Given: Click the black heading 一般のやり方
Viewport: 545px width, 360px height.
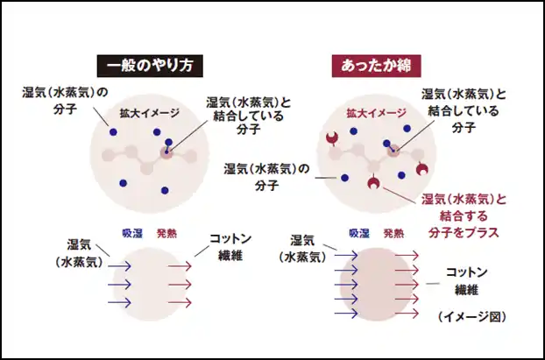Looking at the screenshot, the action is click(150, 66).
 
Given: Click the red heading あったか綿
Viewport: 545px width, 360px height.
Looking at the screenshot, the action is click(376, 66).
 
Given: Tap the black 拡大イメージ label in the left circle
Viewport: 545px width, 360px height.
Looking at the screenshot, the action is click(150, 113).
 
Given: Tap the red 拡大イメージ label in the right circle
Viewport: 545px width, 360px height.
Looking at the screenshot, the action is click(376, 113).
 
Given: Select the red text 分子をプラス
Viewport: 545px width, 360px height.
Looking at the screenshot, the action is click(464, 232).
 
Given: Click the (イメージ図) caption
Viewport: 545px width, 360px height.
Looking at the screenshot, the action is click(471, 317).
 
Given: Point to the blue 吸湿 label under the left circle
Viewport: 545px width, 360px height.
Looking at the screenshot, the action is click(132, 233).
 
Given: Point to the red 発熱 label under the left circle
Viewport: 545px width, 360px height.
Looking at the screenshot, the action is click(166, 233).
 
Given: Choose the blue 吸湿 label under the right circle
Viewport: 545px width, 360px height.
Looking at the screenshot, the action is click(359, 233).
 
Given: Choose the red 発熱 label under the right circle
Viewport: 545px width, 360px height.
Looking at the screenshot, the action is click(393, 233).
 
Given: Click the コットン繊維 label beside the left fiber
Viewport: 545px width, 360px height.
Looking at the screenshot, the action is click(230, 247).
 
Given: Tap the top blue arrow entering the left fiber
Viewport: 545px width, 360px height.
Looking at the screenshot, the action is click(119, 266).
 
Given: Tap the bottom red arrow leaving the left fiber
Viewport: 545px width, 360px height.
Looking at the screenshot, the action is click(180, 303).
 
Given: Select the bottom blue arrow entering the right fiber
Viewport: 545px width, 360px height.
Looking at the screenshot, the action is click(346, 314).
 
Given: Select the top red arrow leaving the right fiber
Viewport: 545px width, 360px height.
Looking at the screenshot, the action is click(407, 256).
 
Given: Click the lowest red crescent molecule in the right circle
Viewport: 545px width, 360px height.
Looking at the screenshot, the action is click(373, 183).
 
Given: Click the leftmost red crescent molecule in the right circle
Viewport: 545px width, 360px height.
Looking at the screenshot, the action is click(332, 138).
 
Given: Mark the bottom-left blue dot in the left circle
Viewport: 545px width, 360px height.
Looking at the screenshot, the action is click(123, 183).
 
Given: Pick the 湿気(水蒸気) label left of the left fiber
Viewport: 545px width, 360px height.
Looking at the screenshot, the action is click(80, 253).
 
